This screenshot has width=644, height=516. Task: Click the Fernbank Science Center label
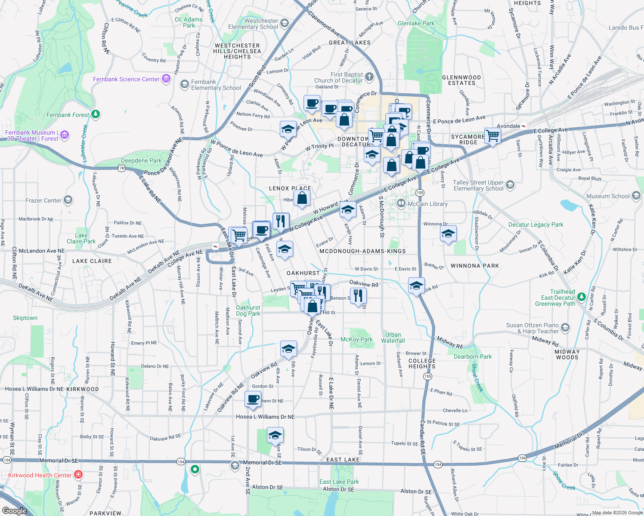[x=126, y=79]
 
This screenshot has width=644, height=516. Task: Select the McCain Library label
[x=427, y=204]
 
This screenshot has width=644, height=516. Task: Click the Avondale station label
[x=508, y=126]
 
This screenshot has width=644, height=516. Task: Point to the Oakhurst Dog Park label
[x=248, y=310]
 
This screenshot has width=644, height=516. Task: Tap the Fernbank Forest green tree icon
[x=96, y=114]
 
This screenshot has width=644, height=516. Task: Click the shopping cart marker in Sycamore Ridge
[x=492, y=136]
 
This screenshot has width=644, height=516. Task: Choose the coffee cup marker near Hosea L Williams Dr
[x=253, y=399]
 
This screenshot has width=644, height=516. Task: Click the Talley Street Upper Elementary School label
[x=478, y=185]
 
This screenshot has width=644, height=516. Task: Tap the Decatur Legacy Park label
[x=536, y=224]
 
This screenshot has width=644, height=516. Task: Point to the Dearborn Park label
[x=473, y=356]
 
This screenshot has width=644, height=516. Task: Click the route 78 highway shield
[x=122, y=168]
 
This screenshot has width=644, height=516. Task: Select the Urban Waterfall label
[x=393, y=338]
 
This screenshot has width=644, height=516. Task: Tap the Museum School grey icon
[x=636, y=196]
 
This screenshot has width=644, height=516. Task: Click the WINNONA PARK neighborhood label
[x=474, y=266]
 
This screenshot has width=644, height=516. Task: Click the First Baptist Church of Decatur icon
[x=369, y=77]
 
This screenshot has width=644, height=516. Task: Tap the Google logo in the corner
[x=14, y=510]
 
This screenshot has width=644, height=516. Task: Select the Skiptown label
[x=25, y=318]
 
